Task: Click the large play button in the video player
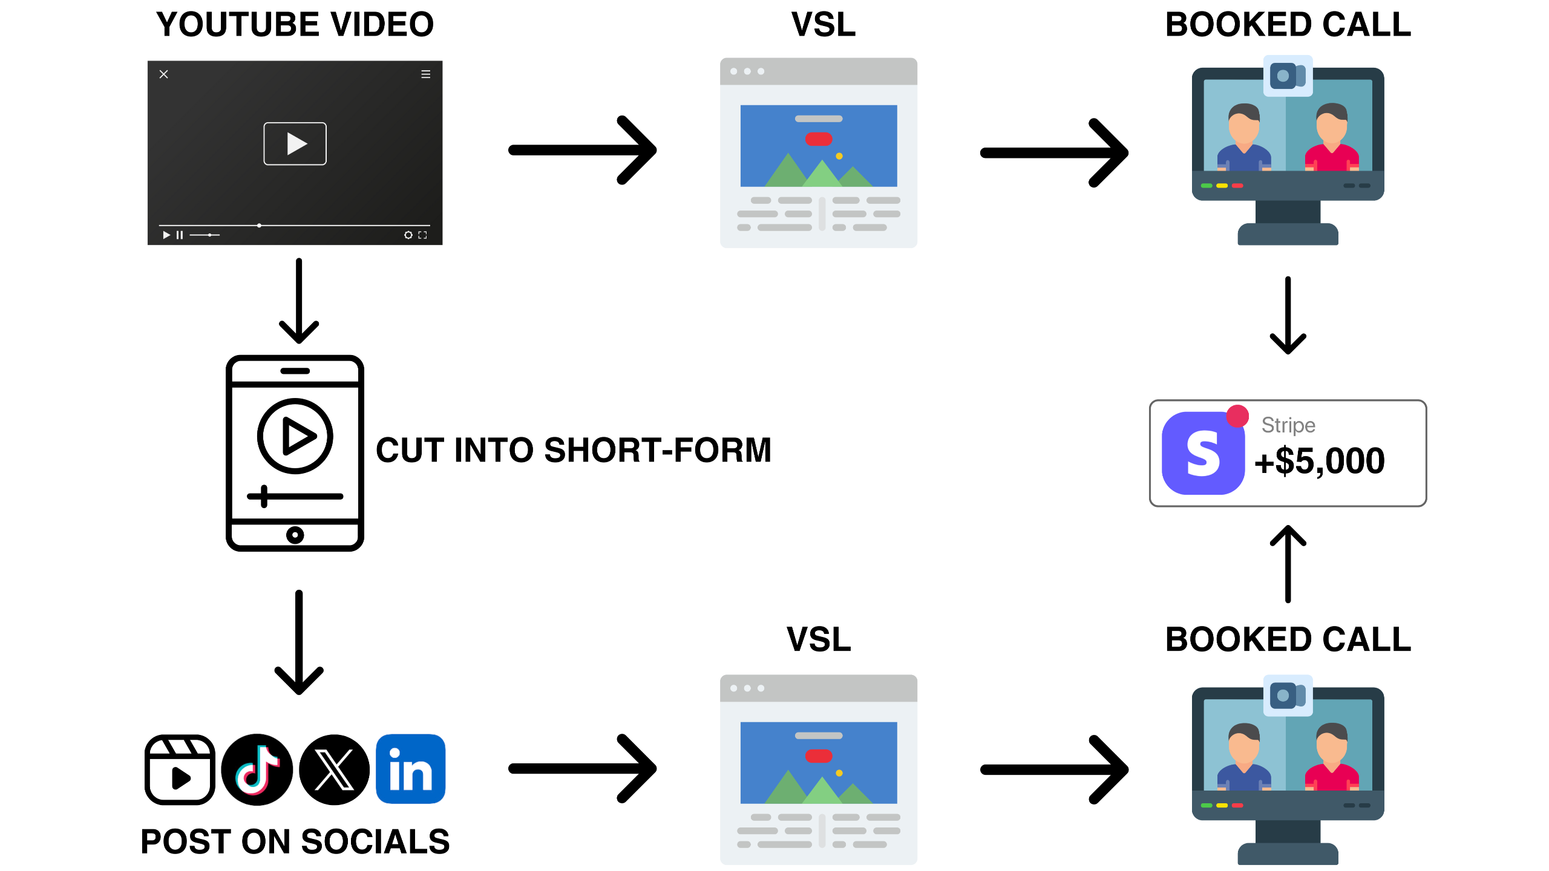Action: tap(295, 143)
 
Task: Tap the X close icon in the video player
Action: tap(163, 74)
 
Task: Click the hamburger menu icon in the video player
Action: tap(425, 74)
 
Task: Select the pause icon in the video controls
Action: tap(180, 235)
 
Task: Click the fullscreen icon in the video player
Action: tap(422, 235)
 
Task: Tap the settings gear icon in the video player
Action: tap(408, 235)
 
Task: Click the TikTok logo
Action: tap(257, 769)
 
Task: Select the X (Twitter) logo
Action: tap(334, 769)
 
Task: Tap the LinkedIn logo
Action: tap(410, 769)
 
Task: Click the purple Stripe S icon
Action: tap(1203, 453)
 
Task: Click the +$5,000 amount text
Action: tap(1319, 461)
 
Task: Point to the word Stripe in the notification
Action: tap(1288, 425)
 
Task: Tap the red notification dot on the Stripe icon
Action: tap(1237, 416)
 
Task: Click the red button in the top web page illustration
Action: tap(818, 139)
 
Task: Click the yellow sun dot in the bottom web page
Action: tap(839, 773)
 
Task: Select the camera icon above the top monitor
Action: tap(1288, 76)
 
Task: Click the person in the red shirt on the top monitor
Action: tap(1332, 139)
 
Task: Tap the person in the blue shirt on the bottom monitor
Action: tap(1243, 759)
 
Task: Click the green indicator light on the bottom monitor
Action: tap(1207, 805)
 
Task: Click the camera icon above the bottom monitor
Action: tap(1288, 696)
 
